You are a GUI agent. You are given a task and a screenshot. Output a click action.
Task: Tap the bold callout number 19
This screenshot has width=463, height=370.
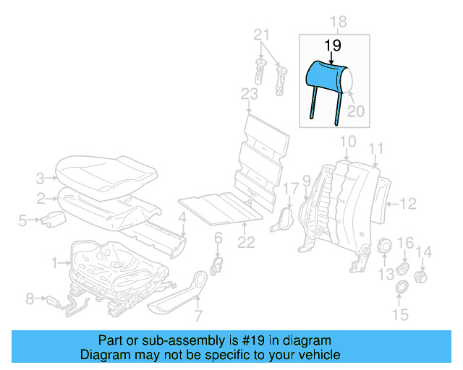pos(332,46)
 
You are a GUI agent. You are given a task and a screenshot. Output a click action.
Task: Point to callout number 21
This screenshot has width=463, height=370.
pos(262,35)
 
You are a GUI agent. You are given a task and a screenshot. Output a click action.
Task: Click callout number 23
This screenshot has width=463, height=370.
pos(249,95)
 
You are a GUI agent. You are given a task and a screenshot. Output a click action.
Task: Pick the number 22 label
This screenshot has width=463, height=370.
pos(247,243)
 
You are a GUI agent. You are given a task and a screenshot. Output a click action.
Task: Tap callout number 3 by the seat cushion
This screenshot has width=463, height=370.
pos(41,176)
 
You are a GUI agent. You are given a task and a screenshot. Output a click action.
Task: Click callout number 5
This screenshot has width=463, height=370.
pos(22,220)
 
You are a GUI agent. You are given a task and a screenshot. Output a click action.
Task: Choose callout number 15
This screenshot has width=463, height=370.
pos(400,314)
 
